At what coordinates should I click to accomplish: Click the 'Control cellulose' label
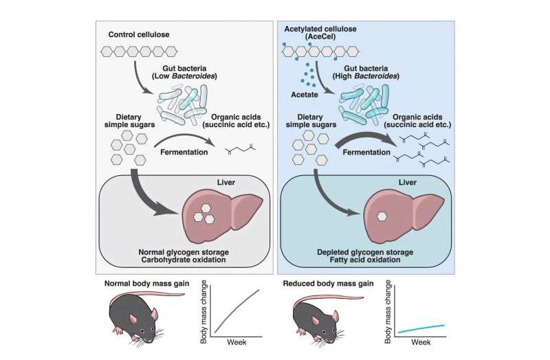click(139, 34)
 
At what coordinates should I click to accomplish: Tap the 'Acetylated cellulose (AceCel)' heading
click(320, 32)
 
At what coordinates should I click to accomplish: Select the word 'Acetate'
click(305, 95)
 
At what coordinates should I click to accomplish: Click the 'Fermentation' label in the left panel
click(184, 152)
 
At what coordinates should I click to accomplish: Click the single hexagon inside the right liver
click(382, 216)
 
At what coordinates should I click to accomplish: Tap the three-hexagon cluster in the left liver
click(203, 213)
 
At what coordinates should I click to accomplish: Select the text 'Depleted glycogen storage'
click(365, 252)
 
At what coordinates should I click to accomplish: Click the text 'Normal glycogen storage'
click(184, 252)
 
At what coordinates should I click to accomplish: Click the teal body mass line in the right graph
click(421, 328)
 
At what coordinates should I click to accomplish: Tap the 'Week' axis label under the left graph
click(236, 342)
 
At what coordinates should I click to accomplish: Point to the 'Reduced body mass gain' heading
click(328, 283)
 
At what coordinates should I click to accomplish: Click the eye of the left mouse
click(142, 331)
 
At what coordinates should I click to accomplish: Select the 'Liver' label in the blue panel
click(407, 182)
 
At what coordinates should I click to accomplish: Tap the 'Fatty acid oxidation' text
click(365, 260)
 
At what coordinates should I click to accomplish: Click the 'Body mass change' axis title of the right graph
click(388, 312)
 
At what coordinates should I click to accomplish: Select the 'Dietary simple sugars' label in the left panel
click(129, 121)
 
